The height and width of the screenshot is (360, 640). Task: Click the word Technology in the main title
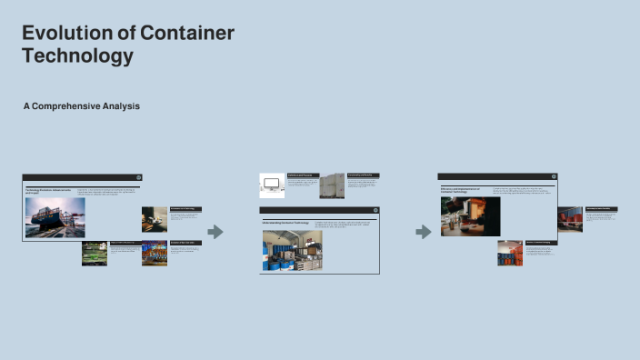coord(77,55)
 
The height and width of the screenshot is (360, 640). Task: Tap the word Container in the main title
coord(187,34)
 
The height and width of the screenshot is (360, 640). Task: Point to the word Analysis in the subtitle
coord(124,106)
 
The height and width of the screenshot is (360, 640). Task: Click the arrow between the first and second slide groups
coord(215,232)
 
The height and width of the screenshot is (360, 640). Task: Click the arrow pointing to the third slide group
coord(423,232)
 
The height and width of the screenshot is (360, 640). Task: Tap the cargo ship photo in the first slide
coord(55,217)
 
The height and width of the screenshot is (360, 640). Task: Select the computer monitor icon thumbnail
coord(273,185)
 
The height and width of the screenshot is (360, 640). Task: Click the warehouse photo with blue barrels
coord(292,252)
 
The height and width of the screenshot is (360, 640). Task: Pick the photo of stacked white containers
coord(332,185)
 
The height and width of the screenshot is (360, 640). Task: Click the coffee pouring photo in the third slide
coord(470,217)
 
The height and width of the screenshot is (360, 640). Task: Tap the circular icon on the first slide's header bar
coord(138,177)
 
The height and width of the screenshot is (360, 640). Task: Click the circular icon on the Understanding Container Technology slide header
coord(375,210)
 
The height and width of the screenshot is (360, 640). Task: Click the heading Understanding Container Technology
coord(286,223)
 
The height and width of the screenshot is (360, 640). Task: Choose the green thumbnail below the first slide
coord(95,253)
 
